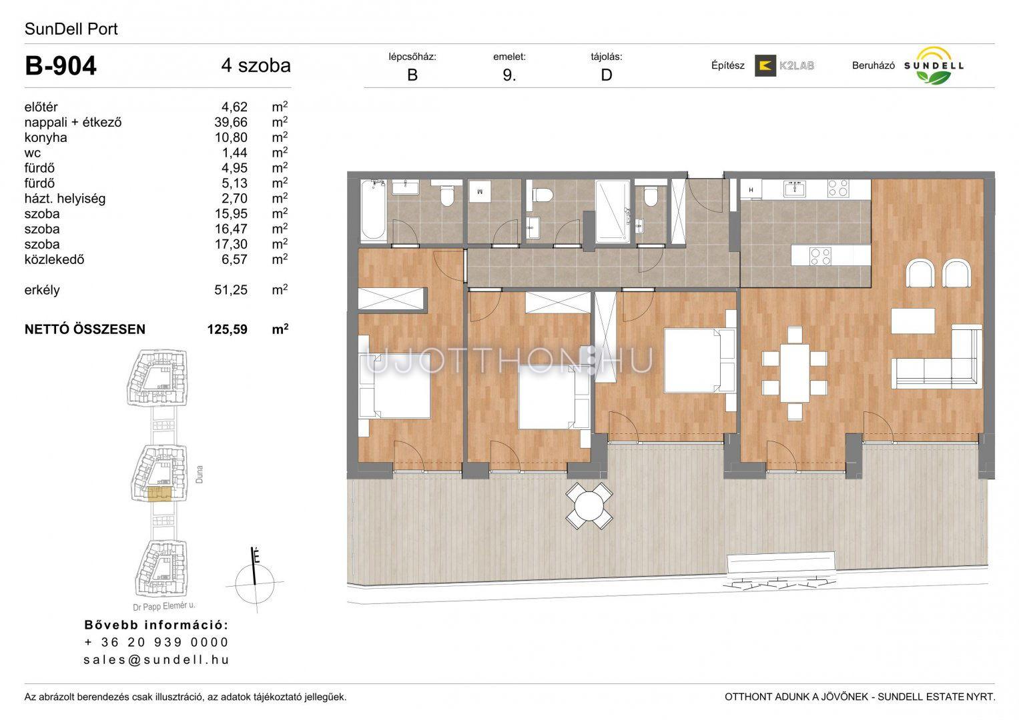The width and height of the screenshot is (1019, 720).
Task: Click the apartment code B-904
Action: pyautogui.click(x=61, y=66)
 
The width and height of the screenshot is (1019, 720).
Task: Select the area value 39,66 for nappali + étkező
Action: pyautogui.click(x=231, y=122)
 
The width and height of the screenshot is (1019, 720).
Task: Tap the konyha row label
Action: pyautogui.click(x=45, y=137)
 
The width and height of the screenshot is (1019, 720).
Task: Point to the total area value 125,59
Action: pyautogui.click(x=228, y=329)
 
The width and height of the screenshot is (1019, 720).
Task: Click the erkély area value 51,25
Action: pyautogui.click(x=231, y=290)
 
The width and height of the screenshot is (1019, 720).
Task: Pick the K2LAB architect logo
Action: pyautogui.click(x=784, y=65)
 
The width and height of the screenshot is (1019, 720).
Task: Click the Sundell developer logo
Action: pyautogui.click(x=934, y=65)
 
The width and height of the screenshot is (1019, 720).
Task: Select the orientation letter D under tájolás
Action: pyautogui.click(x=607, y=75)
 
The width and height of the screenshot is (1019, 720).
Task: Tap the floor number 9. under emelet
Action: pyautogui.click(x=510, y=75)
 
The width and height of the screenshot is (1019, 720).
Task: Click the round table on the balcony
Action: pyautogui.click(x=589, y=506)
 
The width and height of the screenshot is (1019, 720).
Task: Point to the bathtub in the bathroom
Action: pyautogui.click(x=374, y=209)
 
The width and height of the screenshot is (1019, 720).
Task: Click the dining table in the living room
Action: pyautogui.click(x=795, y=373)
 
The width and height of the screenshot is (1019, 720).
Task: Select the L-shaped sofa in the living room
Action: pyautogui.click(x=937, y=357)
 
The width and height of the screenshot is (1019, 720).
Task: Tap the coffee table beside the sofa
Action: pyautogui.click(x=913, y=321)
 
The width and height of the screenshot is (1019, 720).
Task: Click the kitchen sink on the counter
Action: pyautogui.click(x=795, y=189)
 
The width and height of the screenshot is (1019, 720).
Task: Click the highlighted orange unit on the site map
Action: pyautogui.click(x=159, y=494)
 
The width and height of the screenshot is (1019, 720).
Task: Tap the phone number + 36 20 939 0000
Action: pyautogui.click(x=156, y=642)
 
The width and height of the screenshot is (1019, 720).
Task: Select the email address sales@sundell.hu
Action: pyautogui.click(x=156, y=659)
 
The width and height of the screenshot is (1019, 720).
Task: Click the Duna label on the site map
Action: pyautogui.click(x=200, y=474)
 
